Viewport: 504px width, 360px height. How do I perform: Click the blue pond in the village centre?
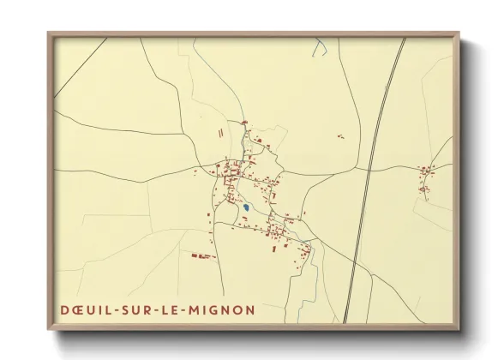[245, 207]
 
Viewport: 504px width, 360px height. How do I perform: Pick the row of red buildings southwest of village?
[200, 255]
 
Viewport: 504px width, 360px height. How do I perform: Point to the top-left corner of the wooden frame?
[49, 33]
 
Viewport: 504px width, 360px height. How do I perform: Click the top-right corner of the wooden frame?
[460, 33]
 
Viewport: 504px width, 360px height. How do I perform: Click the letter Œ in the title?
[77, 309]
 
